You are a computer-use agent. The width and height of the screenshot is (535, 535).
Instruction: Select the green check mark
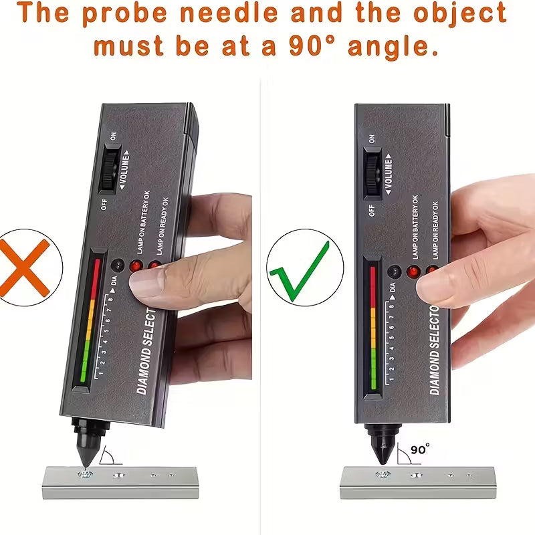299,269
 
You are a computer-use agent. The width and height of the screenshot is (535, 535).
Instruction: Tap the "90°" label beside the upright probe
421,449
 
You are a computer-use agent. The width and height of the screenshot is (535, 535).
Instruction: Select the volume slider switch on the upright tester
372,172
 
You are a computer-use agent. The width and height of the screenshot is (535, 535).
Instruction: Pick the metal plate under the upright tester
417,482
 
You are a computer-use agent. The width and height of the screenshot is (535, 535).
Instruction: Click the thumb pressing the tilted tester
167,281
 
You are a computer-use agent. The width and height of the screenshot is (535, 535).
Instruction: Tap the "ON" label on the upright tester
372,138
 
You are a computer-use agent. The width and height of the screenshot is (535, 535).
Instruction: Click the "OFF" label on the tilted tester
104,204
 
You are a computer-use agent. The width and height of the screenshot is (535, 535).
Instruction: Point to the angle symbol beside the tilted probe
107,457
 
